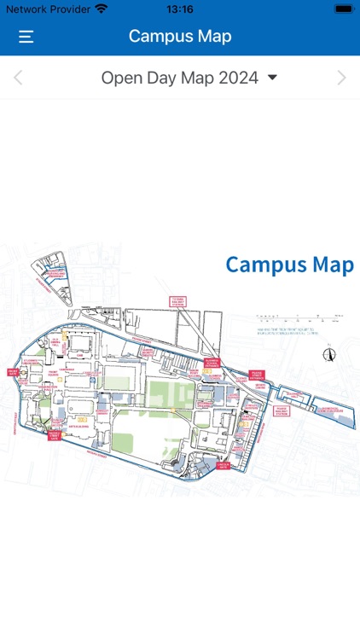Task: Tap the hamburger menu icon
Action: tap(26, 37)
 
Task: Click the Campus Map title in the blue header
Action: tap(180, 36)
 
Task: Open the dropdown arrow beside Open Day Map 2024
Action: tap(273, 78)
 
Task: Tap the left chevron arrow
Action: tap(18, 79)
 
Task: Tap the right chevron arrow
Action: tap(342, 79)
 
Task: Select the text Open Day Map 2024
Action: tap(179, 78)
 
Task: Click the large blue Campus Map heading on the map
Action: tap(289, 265)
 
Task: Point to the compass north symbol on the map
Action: tap(329, 354)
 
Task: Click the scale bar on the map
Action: tap(299, 317)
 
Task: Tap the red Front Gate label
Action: tap(13, 372)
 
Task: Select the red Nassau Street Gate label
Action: tap(55, 433)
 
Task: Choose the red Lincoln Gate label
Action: tap(223, 466)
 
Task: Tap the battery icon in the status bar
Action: tap(343, 9)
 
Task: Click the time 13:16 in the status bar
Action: tap(180, 9)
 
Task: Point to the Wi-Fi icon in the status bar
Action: tap(101, 9)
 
